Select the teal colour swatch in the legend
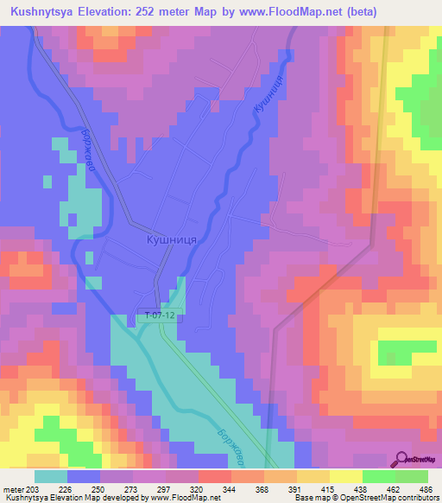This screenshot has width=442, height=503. pyautogui.click(x=51, y=475)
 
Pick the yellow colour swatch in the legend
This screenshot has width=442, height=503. pyautogui.click(x=345, y=475)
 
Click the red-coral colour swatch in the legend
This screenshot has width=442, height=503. pyautogui.click(x=215, y=475)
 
